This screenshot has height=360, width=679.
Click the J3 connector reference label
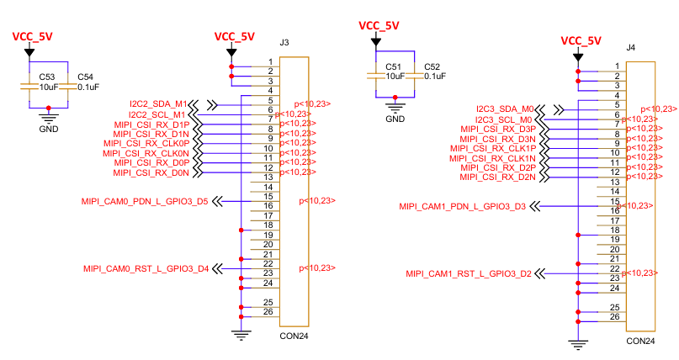284,42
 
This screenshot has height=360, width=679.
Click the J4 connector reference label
631,47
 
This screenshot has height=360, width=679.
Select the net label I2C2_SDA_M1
158,104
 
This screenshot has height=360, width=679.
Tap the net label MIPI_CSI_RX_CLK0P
146,143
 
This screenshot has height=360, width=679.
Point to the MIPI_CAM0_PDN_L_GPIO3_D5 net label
145,201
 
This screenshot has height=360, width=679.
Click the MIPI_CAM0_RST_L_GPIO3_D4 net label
146,268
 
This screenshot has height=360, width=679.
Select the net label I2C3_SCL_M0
504,119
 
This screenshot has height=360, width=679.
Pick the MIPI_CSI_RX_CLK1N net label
492,158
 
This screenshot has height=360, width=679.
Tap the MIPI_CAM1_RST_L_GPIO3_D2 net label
469,273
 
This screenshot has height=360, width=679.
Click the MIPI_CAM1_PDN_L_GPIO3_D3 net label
463,206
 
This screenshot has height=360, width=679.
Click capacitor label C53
47,77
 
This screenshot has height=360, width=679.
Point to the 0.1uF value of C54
88,87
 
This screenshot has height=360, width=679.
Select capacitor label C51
393,66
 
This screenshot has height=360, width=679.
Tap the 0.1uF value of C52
435,77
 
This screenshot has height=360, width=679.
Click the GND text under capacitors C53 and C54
49,129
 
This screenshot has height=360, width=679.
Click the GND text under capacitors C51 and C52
395,119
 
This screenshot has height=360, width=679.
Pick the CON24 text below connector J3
294,336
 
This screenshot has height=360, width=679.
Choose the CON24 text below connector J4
640,341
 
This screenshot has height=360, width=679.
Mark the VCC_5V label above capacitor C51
379,25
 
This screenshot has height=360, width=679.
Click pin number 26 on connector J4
615,317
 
